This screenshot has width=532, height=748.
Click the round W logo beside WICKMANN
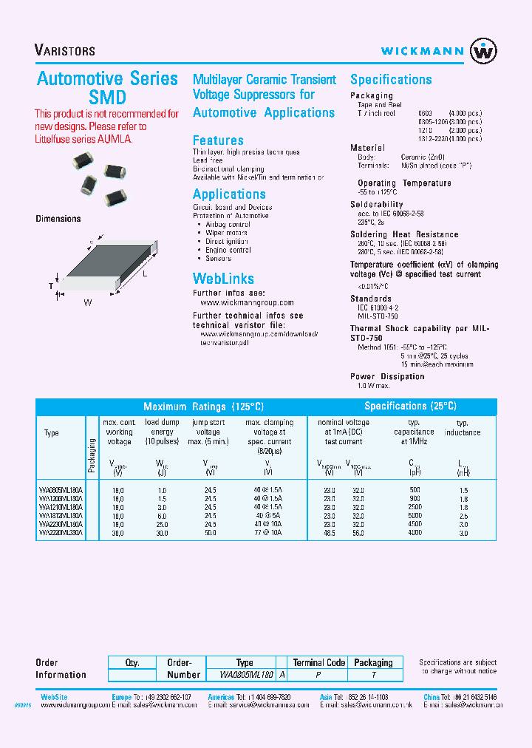coord(484,51)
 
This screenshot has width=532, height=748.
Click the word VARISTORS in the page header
coord(65,51)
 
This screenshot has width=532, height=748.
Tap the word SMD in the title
coord(108,98)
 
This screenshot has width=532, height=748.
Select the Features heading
coord(218,140)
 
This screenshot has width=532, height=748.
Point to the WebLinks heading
coord(223,279)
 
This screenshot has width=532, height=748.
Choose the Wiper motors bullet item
coord(228,233)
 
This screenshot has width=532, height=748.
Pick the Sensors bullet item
coord(219,259)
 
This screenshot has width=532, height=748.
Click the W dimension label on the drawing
coord(87,302)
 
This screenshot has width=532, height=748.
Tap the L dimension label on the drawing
coord(145,274)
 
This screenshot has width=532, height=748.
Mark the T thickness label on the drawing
coord(51,285)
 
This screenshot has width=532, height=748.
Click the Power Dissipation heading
coord(387,377)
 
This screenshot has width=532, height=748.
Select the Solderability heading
coord(377,205)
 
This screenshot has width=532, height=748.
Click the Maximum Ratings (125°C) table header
coord(203,407)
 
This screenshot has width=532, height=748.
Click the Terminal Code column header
coord(318,663)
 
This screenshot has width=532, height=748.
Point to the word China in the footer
coord(431,697)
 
